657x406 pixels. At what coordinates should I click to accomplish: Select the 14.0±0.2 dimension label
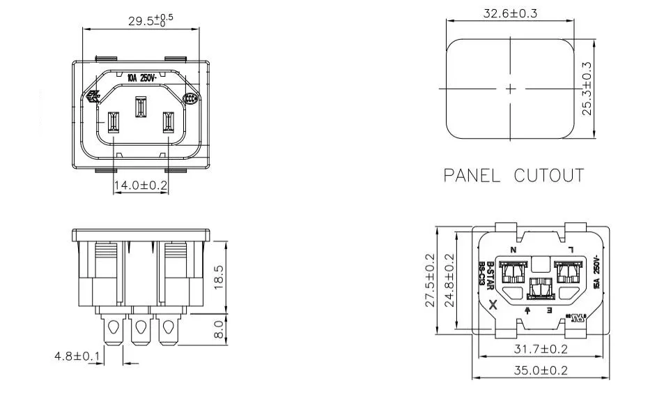point(141,185)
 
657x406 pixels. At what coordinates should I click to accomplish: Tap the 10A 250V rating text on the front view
point(141,79)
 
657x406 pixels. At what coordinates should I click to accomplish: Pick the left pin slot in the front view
point(114,123)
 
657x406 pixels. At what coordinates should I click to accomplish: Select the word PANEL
point(472,175)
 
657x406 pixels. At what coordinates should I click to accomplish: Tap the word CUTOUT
point(548,175)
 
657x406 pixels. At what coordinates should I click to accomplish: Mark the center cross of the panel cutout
point(511,89)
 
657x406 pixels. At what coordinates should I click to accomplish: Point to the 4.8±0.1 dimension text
point(77,356)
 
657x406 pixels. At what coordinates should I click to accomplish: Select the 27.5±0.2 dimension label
point(429,280)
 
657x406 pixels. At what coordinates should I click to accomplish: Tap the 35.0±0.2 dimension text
point(539,370)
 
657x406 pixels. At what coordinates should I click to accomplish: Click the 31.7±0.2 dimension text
point(539,348)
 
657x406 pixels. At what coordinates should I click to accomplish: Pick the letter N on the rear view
point(513,250)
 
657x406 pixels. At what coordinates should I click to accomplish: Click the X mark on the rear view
point(494,305)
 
